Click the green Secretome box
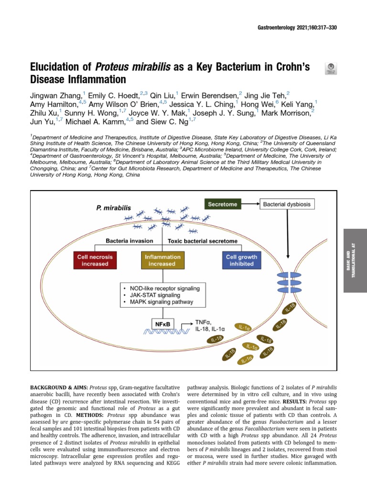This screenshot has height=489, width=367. [x=223, y=204]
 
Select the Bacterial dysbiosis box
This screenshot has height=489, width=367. [x=287, y=204]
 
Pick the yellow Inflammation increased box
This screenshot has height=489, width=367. [x=162, y=260]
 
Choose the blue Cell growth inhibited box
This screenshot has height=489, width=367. [x=241, y=260]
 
